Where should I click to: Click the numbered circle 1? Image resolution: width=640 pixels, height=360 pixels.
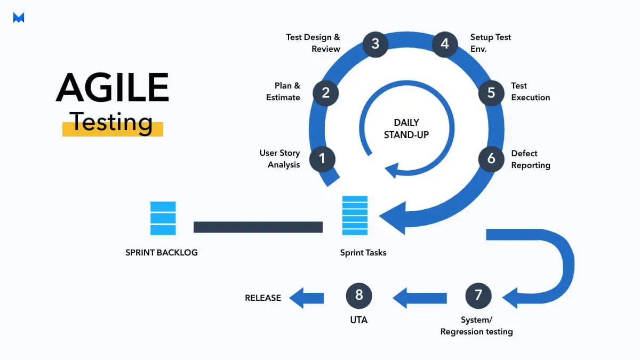click(322, 158)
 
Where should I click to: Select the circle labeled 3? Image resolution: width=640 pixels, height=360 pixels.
click(375, 44)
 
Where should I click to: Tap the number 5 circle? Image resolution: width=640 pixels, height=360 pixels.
click(491, 92)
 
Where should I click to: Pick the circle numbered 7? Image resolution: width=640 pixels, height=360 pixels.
click(478, 295)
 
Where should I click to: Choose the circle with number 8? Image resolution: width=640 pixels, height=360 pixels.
click(359, 295)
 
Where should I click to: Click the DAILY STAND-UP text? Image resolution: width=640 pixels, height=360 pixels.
click(406, 129)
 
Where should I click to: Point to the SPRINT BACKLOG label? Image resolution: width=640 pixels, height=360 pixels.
click(162, 252)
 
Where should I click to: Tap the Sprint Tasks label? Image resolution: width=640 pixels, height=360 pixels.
click(363, 252)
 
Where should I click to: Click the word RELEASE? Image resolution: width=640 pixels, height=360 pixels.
click(263, 298)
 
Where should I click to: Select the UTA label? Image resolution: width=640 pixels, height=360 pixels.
click(359, 320)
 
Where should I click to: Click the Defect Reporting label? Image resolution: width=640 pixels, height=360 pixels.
click(530, 159)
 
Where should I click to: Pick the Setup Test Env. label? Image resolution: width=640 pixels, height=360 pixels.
click(490, 43)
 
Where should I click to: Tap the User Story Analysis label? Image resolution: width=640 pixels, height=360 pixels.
click(280, 159)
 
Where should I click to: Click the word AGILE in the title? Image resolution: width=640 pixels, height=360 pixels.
click(113, 87)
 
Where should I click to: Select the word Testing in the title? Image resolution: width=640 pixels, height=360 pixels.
click(113, 122)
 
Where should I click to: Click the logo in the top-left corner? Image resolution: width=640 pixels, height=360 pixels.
click(19, 18)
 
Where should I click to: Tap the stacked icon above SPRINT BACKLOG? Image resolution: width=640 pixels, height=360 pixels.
click(163, 218)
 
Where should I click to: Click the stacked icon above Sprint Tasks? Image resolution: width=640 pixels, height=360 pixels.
click(355, 215)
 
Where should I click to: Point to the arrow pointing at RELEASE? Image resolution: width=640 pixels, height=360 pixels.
click(307, 298)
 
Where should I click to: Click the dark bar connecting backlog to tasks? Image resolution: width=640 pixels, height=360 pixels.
click(258, 227)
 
